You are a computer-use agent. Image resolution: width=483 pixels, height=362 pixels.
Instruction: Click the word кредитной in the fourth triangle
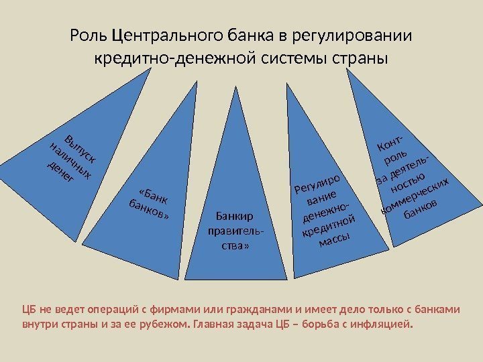point(328,225)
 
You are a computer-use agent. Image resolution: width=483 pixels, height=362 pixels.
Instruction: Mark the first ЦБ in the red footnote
point(29,310)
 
